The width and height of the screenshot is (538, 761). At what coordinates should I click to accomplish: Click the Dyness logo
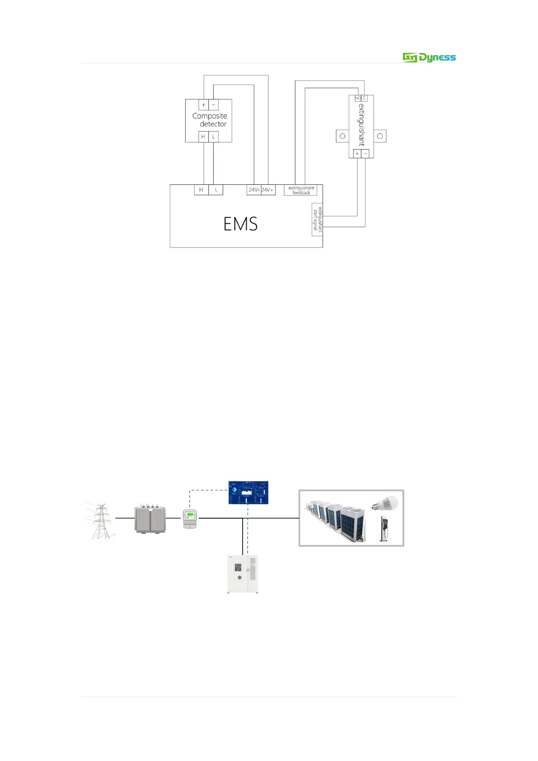click(429, 57)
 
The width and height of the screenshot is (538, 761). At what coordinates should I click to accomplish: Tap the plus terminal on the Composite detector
click(203, 105)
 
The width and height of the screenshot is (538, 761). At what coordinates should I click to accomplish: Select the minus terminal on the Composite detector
click(214, 105)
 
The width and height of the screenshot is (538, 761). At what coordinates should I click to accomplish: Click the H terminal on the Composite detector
click(203, 136)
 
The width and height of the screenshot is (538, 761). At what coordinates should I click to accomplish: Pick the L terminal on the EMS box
click(216, 190)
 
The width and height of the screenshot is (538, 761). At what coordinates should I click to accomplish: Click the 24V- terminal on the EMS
click(254, 190)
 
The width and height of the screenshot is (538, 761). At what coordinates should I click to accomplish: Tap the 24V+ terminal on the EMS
click(268, 190)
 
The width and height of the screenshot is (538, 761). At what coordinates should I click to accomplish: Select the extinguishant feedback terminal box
click(301, 190)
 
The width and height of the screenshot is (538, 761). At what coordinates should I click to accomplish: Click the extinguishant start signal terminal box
click(317, 220)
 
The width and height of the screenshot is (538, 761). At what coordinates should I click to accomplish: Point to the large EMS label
click(240, 224)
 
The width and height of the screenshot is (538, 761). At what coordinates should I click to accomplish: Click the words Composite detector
click(210, 120)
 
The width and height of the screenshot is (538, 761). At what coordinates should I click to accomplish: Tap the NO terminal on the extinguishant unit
click(358, 98)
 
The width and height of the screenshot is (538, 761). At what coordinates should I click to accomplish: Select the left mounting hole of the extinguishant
click(342, 136)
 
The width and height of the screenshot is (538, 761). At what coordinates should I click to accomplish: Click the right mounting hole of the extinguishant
click(380, 136)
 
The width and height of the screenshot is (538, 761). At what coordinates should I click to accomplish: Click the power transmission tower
click(101, 521)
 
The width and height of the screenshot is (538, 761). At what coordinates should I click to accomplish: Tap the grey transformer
click(150, 519)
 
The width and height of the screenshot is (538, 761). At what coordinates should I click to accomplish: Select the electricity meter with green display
click(190, 518)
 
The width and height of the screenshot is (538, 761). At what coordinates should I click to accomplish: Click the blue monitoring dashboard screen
click(248, 493)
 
